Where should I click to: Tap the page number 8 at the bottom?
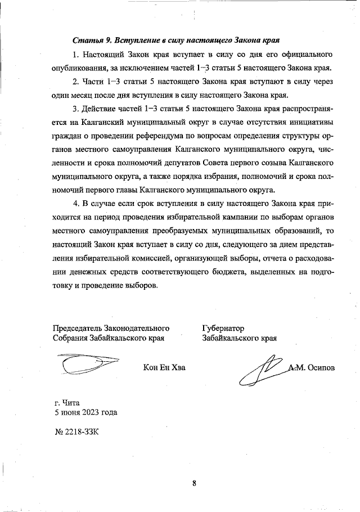coord(193,482)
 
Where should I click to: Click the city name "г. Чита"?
coord(67,403)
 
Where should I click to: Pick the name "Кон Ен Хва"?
coord(164,368)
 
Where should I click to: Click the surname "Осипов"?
coord(321,368)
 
